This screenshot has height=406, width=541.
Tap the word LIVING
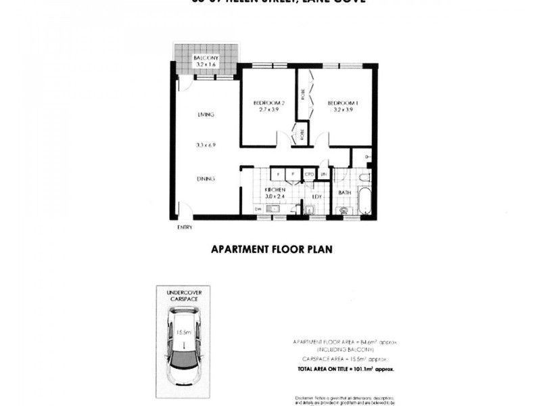(206, 114)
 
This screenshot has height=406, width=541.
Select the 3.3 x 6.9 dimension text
(206, 145)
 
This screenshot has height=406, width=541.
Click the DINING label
(206, 179)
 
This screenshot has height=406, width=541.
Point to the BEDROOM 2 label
(266, 103)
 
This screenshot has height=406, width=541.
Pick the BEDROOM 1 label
(342, 103)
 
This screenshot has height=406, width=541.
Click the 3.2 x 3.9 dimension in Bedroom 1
(342, 110)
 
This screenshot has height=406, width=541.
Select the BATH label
(344, 193)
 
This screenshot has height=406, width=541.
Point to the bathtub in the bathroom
(365, 199)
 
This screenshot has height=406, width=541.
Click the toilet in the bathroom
(365, 178)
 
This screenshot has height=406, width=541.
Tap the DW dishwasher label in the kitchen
(258, 210)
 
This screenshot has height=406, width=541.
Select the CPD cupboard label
(309, 174)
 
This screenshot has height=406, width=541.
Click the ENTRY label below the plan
(184, 227)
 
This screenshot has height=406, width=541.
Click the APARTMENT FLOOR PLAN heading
(272, 249)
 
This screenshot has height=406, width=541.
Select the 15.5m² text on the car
(182, 332)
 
